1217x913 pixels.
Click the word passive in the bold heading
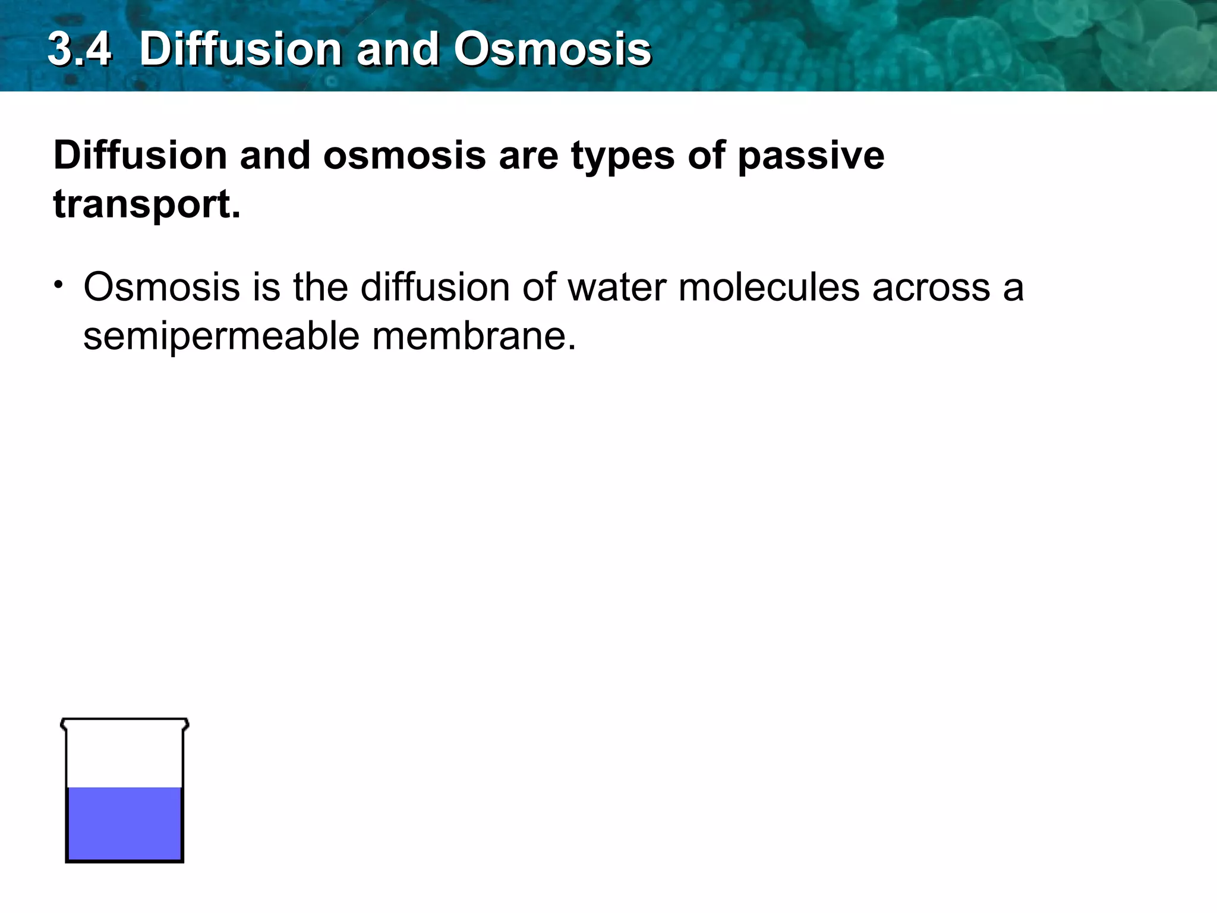click(811, 156)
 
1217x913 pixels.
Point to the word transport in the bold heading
click(147, 204)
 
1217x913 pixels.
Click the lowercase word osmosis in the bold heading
click(404, 156)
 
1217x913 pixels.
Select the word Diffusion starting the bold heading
click(140, 156)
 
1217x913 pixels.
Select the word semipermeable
click(221, 336)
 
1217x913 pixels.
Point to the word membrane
click(474, 336)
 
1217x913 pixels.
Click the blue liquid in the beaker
click(124, 823)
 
